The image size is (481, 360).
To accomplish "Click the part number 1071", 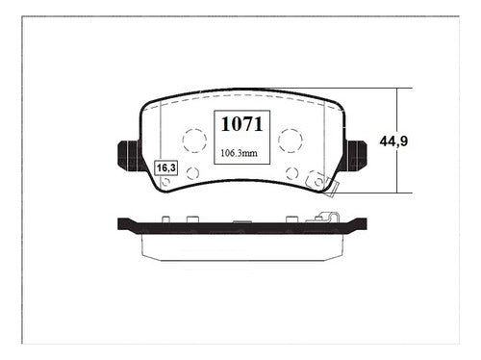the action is [x=242, y=124].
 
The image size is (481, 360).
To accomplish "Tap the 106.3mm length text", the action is [x=239, y=153].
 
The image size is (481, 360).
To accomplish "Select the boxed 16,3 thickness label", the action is [x=166, y=167].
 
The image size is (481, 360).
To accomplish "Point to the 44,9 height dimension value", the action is [x=393, y=141].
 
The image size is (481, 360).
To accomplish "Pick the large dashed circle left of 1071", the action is [x=194, y=141].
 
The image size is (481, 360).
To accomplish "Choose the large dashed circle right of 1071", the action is [x=291, y=141].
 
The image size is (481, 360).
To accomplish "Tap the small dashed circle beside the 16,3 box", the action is [x=192, y=173].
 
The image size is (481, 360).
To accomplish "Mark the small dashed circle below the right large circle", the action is [x=291, y=173].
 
